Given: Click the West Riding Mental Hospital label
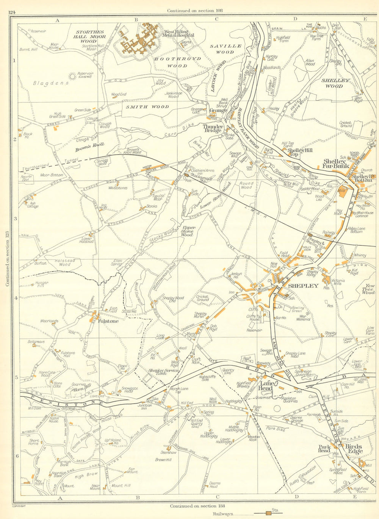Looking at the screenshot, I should click(x=179, y=33).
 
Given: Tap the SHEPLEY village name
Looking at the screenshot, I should click(x=303, y=286).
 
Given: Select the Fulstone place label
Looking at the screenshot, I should click(x=108, y=321).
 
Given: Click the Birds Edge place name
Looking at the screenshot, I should click(x=354, y=448).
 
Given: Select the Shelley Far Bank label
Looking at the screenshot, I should click(x=335, y=163).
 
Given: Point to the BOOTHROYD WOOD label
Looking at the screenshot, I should click(x=171, y=62).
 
